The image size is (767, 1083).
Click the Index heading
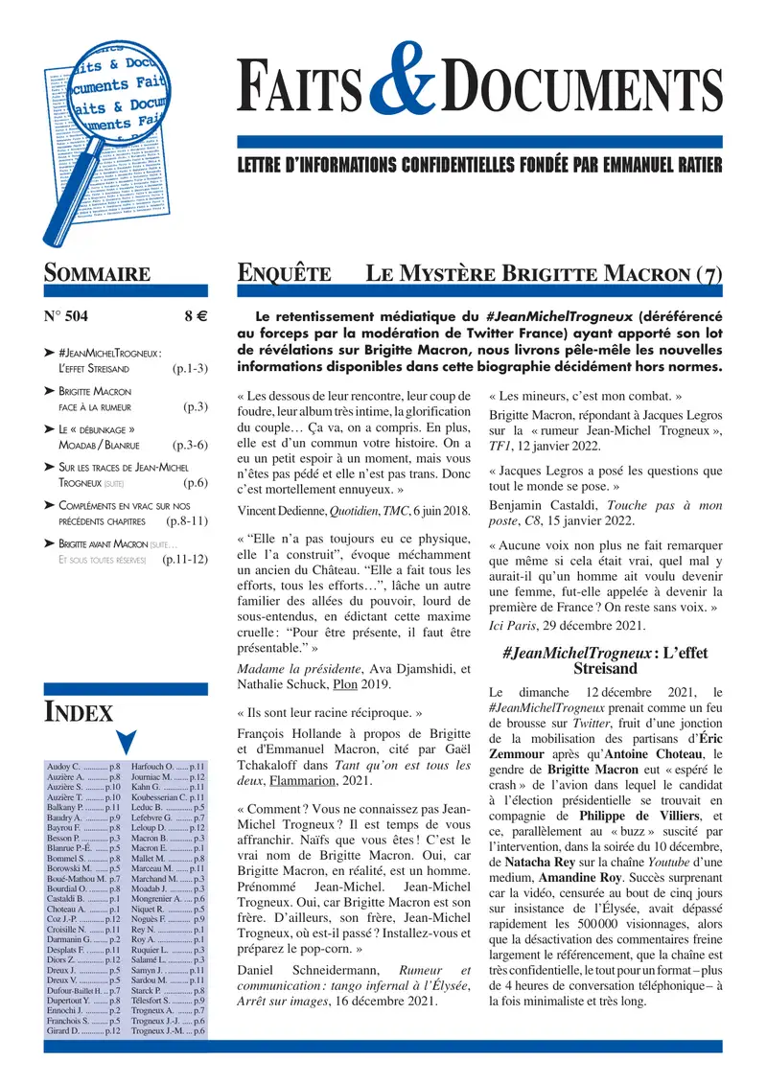80,712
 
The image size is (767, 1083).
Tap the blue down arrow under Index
126,742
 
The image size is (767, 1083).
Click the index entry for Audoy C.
83,768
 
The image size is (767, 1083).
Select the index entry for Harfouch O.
168,768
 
